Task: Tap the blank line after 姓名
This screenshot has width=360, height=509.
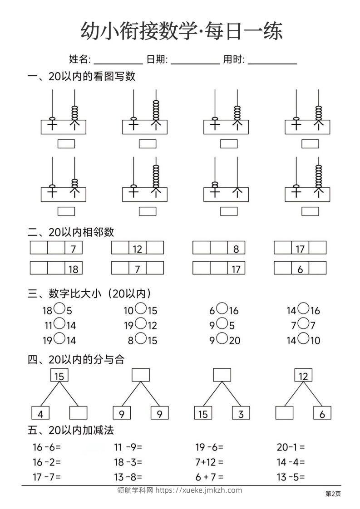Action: [118, 60]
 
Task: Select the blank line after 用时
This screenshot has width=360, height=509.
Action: [272, 60]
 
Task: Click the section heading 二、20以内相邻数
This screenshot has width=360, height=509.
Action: [71, 232]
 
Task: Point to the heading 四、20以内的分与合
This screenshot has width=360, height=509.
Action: [76, 359]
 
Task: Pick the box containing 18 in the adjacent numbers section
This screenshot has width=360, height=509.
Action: [73, 269]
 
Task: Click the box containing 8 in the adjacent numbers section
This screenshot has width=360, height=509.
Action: [236, 248]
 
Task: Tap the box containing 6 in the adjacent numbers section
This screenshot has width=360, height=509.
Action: [300, 269]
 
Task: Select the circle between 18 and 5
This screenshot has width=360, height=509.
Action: [59, 309]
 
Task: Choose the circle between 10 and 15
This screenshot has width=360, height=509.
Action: [141, 309]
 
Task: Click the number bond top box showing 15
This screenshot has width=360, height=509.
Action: [59, 376]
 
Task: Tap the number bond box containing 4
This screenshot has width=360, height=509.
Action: [40, 413]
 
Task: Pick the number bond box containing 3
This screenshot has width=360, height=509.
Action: [241, 413]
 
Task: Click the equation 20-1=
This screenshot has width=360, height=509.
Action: [291, 447]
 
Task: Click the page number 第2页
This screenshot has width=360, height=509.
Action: [333, 494]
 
